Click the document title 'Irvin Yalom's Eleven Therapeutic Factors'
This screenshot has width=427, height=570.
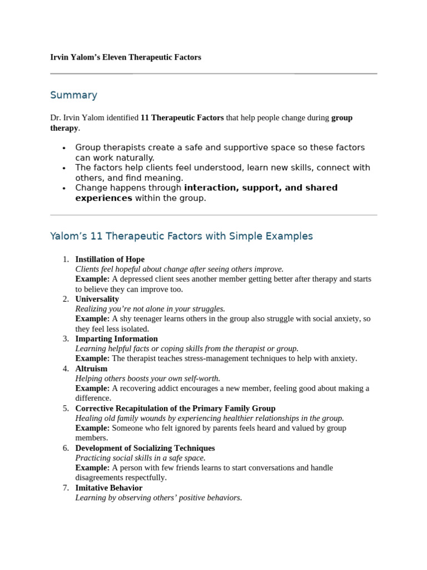(x=126, y=57)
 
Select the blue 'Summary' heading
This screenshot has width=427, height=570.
(x=73, y=95)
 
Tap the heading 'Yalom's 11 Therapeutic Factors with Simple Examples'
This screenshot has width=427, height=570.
(x=181, y=236)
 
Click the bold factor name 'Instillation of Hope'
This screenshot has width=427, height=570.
(x=110, y=259)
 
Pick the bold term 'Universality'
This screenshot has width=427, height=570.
(x=97, y=299)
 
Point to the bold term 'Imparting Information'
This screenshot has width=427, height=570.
(x=116, y=338)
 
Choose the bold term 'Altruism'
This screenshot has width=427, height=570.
(x=91, y=368)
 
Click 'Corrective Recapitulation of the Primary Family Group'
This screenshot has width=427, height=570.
(x=175, y=408)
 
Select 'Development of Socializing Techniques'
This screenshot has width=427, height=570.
(x=145, y=448)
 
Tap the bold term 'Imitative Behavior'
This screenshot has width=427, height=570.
(x=108, y=488)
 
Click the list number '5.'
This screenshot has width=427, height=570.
(x=66, y=408)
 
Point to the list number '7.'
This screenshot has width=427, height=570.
(x=66, y=488)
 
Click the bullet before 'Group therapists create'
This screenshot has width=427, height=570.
(x=64, y=148)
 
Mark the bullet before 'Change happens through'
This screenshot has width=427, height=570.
(x=64, y=188)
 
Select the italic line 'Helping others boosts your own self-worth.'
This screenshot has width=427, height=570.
(x=148, y=379)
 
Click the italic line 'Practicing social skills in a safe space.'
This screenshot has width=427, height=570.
(x=140, y=458)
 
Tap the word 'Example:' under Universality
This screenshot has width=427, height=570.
(x=92, y=319)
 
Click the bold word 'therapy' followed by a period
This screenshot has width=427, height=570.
(x=64, y=128)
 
